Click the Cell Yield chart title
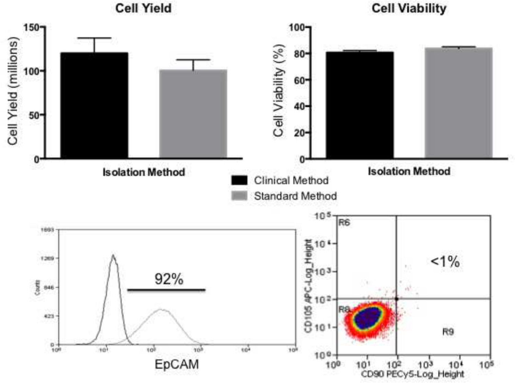pyautogui.click(x=143, y=8)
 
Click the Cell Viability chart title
pyautogui.click(x=409, y=8)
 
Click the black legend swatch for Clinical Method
pyautogui.click(x=239, y=180)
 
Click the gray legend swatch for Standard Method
pyautogui.click(x=239, y=196)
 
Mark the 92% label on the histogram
pyautogui.click(x=169, y=279)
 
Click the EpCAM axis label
pyautogui.click(x=176, y=364)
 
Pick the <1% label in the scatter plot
pyautogui.click(x=445, y=262)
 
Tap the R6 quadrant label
pyautogui.click(x=344, y=223)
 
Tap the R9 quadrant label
pyautogui.click(x=448, y=332)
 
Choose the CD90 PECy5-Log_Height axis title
pyautogui.click(x=412, y=374)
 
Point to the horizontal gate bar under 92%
pyautogui.click(x=167, y=290)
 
